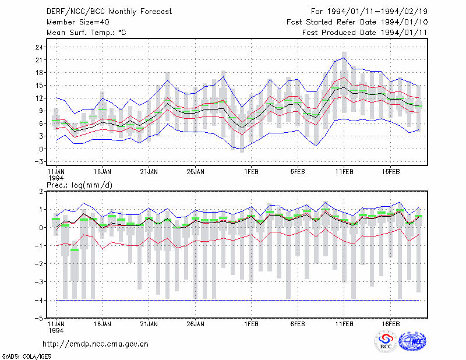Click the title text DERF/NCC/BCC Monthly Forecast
pyautogui.click(x=109, y=12)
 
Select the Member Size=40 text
pyautogui.click(x=78, y=22)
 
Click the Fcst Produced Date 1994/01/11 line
pyautogui.click(x=365, y=33)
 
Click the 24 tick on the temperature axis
pyautogui.click(x=39, y=47)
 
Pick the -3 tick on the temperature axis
pyautogui.click(x=39, y=162)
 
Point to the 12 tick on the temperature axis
pyautogui.click(x=39, y=98)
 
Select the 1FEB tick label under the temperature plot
pyautogui.click(x=252, y=172)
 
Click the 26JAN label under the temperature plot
pyautogui.click(x=196, y=172)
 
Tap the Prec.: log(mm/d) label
pyautogui.click(x=79, y=185)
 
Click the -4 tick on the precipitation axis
pyautogui.click(x=39, y=300)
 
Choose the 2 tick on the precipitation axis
pyautogui.click(x=41, y=192)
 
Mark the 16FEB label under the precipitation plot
pyautogui.click(x=391, y=324)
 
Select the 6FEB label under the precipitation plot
pyautogui.click(x=298, y=324)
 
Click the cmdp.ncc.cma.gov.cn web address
pyautogui.click(x=96, y=344)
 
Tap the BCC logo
pyautogui.click(x=386, y=341)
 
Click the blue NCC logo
pyautogui.click(x=412, y=341)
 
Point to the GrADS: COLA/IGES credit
pyautogui.click(x=27, y=357)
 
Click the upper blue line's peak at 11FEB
pyautogui.click(x=344, y=58)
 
